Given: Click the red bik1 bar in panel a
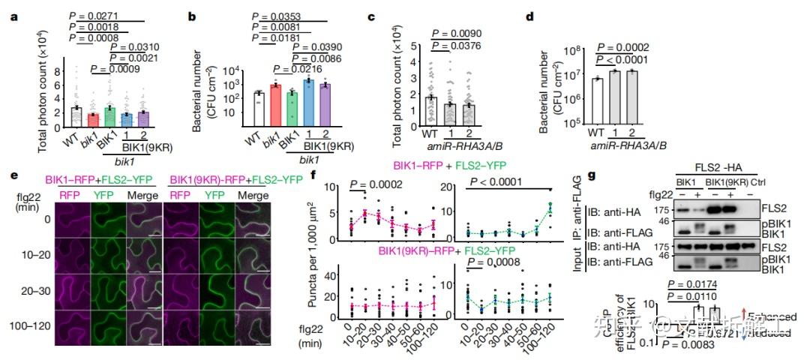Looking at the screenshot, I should click(94, 120).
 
